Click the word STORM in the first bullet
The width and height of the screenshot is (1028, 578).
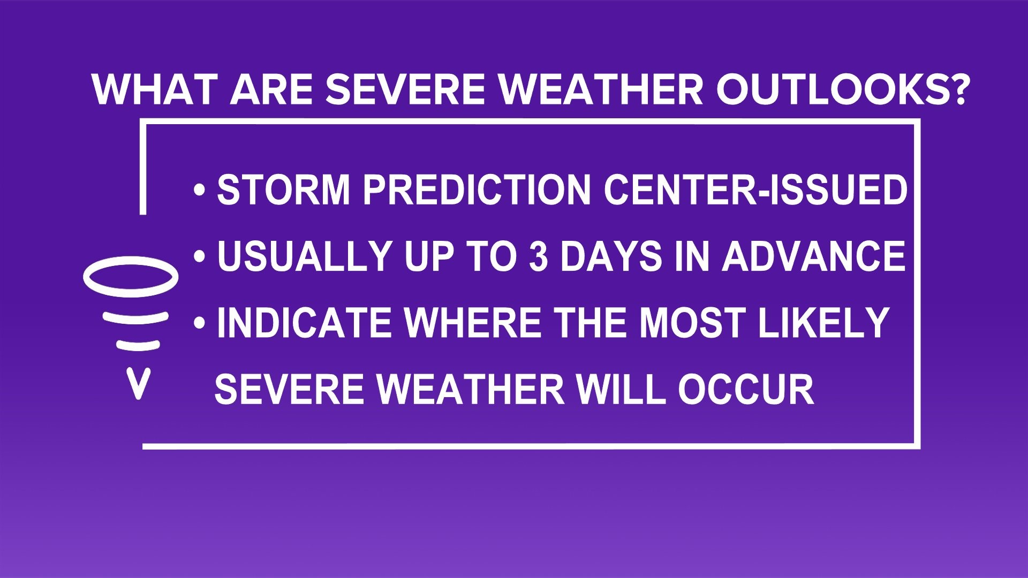pyautogui.click(x=283, y=189)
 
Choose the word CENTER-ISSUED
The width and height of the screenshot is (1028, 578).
pyautogui.click(x=755, y=189)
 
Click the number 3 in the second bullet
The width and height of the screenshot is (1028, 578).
pyautogui.click(x=539, y=256)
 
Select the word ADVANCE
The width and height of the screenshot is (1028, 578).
pyautogui.click(x=813, y=256)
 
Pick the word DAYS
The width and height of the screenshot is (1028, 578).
pyautogui.click(x=611, y=256)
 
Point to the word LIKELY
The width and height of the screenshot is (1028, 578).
pyautogui.click(x=823, y=323)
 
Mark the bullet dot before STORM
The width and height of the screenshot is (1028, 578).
pyautogui.click(x=200, y=191)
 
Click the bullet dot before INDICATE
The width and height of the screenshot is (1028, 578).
pyautogui.click(x=200, y=323)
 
